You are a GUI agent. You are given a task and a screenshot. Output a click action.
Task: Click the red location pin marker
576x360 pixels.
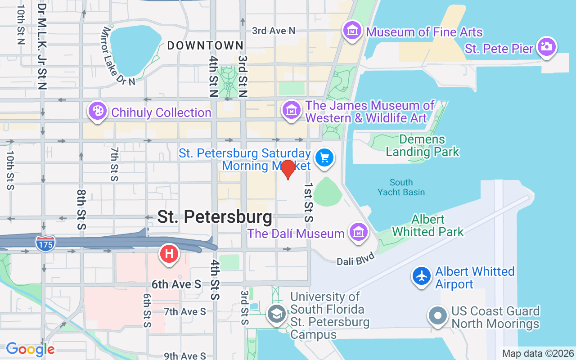click(288, 169)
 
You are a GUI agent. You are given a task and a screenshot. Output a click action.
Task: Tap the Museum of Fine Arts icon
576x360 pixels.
click(352, 31)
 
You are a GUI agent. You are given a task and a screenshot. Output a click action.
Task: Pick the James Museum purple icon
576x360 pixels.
click(292, 110)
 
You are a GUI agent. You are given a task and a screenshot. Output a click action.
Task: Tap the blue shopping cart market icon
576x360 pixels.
click(324, 158)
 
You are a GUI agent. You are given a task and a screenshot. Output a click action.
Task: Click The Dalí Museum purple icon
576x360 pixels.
click(359, 232)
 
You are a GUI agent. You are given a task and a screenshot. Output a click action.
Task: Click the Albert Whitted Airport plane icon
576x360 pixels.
click(422, 276)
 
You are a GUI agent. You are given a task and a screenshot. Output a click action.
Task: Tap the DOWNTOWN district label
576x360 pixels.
click(205, 45)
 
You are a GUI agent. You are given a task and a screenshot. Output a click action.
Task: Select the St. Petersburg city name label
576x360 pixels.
click(215, 217)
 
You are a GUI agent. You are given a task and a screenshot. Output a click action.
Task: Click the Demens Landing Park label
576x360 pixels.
click(422, 145)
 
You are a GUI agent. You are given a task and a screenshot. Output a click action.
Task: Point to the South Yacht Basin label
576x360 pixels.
click(401, 187)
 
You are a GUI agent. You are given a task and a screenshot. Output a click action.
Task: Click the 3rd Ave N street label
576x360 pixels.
click(274, 31)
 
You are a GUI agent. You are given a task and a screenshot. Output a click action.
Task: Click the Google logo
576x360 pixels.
click(30, 349)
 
